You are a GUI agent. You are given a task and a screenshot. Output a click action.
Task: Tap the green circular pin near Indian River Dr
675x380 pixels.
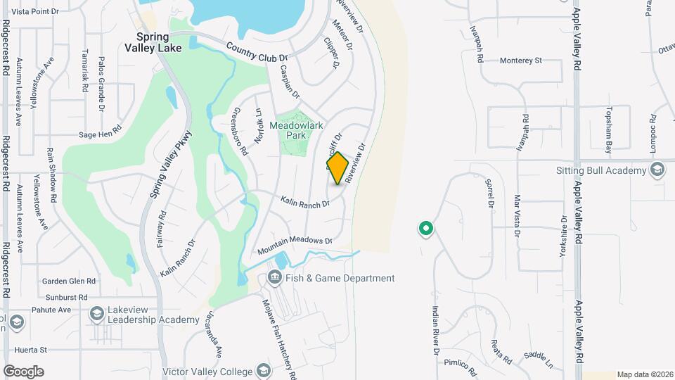click(425, 228)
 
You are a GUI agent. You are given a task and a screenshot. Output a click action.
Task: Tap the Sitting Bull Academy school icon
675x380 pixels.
click(657, 170)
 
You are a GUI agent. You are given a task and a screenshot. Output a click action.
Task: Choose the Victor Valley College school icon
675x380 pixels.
click(263, 370)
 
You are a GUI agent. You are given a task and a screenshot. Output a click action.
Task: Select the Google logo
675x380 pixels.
click(23, 371)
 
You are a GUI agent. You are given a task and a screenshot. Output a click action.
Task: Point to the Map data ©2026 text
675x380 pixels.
click(644, 374)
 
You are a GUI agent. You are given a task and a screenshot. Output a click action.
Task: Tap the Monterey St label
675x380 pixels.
click(520, 61)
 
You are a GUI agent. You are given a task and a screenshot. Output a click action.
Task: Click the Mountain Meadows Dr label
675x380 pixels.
click(294, 246)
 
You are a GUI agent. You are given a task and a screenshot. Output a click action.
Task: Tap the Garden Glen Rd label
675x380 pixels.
click(68, 280)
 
